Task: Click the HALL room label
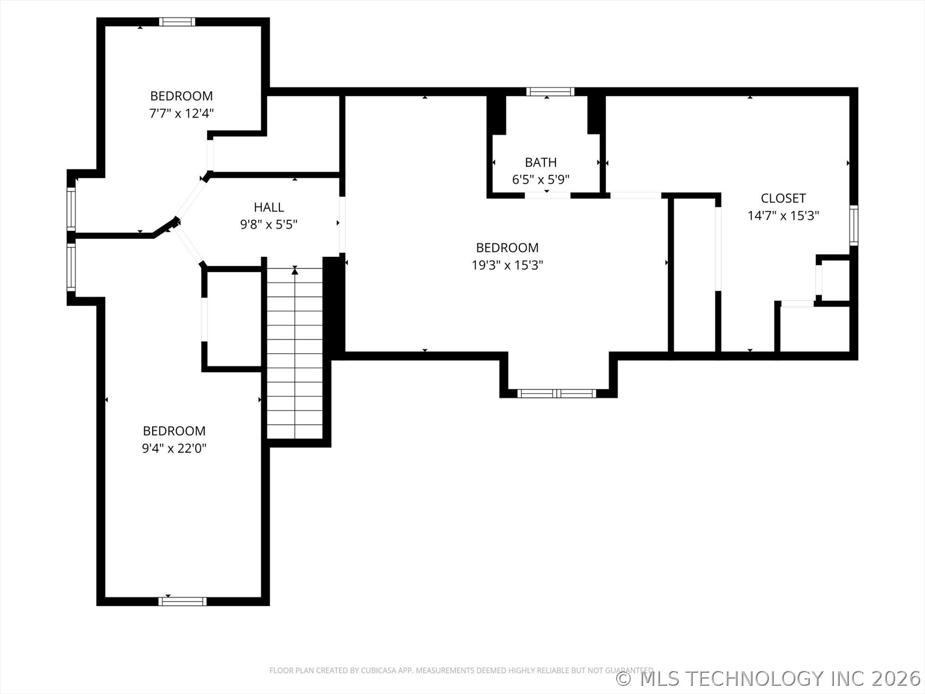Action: click(x=269, y=207)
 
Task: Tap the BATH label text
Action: click(x=541, y=162)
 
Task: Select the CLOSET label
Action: click(x=783, y=198)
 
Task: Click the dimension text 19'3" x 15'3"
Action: click(x=507, y=265)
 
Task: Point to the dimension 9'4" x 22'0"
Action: click(x=174, y=448)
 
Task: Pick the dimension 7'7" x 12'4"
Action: click(x=181, y=113)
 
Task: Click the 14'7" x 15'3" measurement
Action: click(x=783, y=215)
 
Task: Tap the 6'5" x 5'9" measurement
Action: click(x=541, y=180)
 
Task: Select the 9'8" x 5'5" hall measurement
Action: click(x=269, y=225)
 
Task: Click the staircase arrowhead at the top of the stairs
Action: click(x=295, y=272)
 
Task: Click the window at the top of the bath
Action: click(x=550, y=92)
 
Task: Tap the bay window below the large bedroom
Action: click(x=557, y=393)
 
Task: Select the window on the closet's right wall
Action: click(x=854, y=225)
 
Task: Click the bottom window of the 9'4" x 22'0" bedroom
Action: click(x=183, y=601)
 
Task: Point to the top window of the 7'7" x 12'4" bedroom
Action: click(x=177, y=22)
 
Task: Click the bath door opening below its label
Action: click(x=547, y=195)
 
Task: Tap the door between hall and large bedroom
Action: click(x=342, y=225)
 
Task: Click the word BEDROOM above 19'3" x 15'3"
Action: click(x=507, y=248)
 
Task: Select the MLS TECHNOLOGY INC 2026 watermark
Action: click(x=768, y=678)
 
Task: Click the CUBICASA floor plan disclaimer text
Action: click(x=461, y=670)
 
